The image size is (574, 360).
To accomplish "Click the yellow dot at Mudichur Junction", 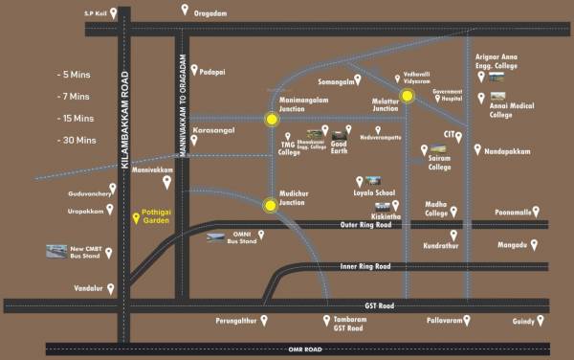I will pos(272,203).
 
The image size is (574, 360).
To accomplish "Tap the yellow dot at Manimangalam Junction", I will pos(272,120).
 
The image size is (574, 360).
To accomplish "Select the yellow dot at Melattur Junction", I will pos(408,96).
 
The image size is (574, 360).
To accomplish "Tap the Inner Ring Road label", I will pos(365,265).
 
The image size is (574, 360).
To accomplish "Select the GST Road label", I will pos(380,305).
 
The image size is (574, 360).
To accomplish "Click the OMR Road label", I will pos(309,349).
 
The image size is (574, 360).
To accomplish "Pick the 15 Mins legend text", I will pos(77,118).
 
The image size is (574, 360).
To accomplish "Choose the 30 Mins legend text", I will pos(77,140).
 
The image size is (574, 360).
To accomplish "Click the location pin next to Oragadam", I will pos(185,10).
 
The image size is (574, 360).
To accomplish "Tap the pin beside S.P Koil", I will pos(114,13).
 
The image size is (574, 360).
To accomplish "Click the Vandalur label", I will pos(87,287).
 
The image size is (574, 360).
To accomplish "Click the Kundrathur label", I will pos(440,245).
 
